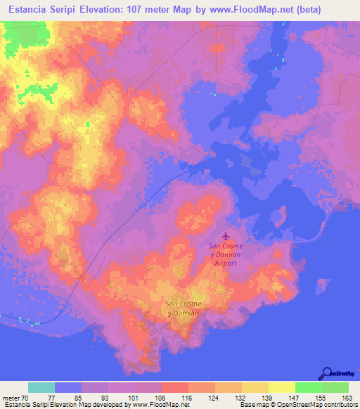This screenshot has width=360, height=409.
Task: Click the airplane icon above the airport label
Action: (225, 235)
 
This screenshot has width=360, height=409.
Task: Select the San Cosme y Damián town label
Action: (181, 308)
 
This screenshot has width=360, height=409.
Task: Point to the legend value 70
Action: (27, 397)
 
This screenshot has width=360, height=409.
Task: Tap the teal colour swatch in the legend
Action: (41, 387)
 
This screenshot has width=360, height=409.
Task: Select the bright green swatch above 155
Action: (308, 387)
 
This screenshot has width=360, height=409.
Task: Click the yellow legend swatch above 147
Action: (281, 387)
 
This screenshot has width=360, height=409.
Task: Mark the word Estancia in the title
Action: (28, 9)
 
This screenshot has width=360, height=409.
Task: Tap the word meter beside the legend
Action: (11, 397)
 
